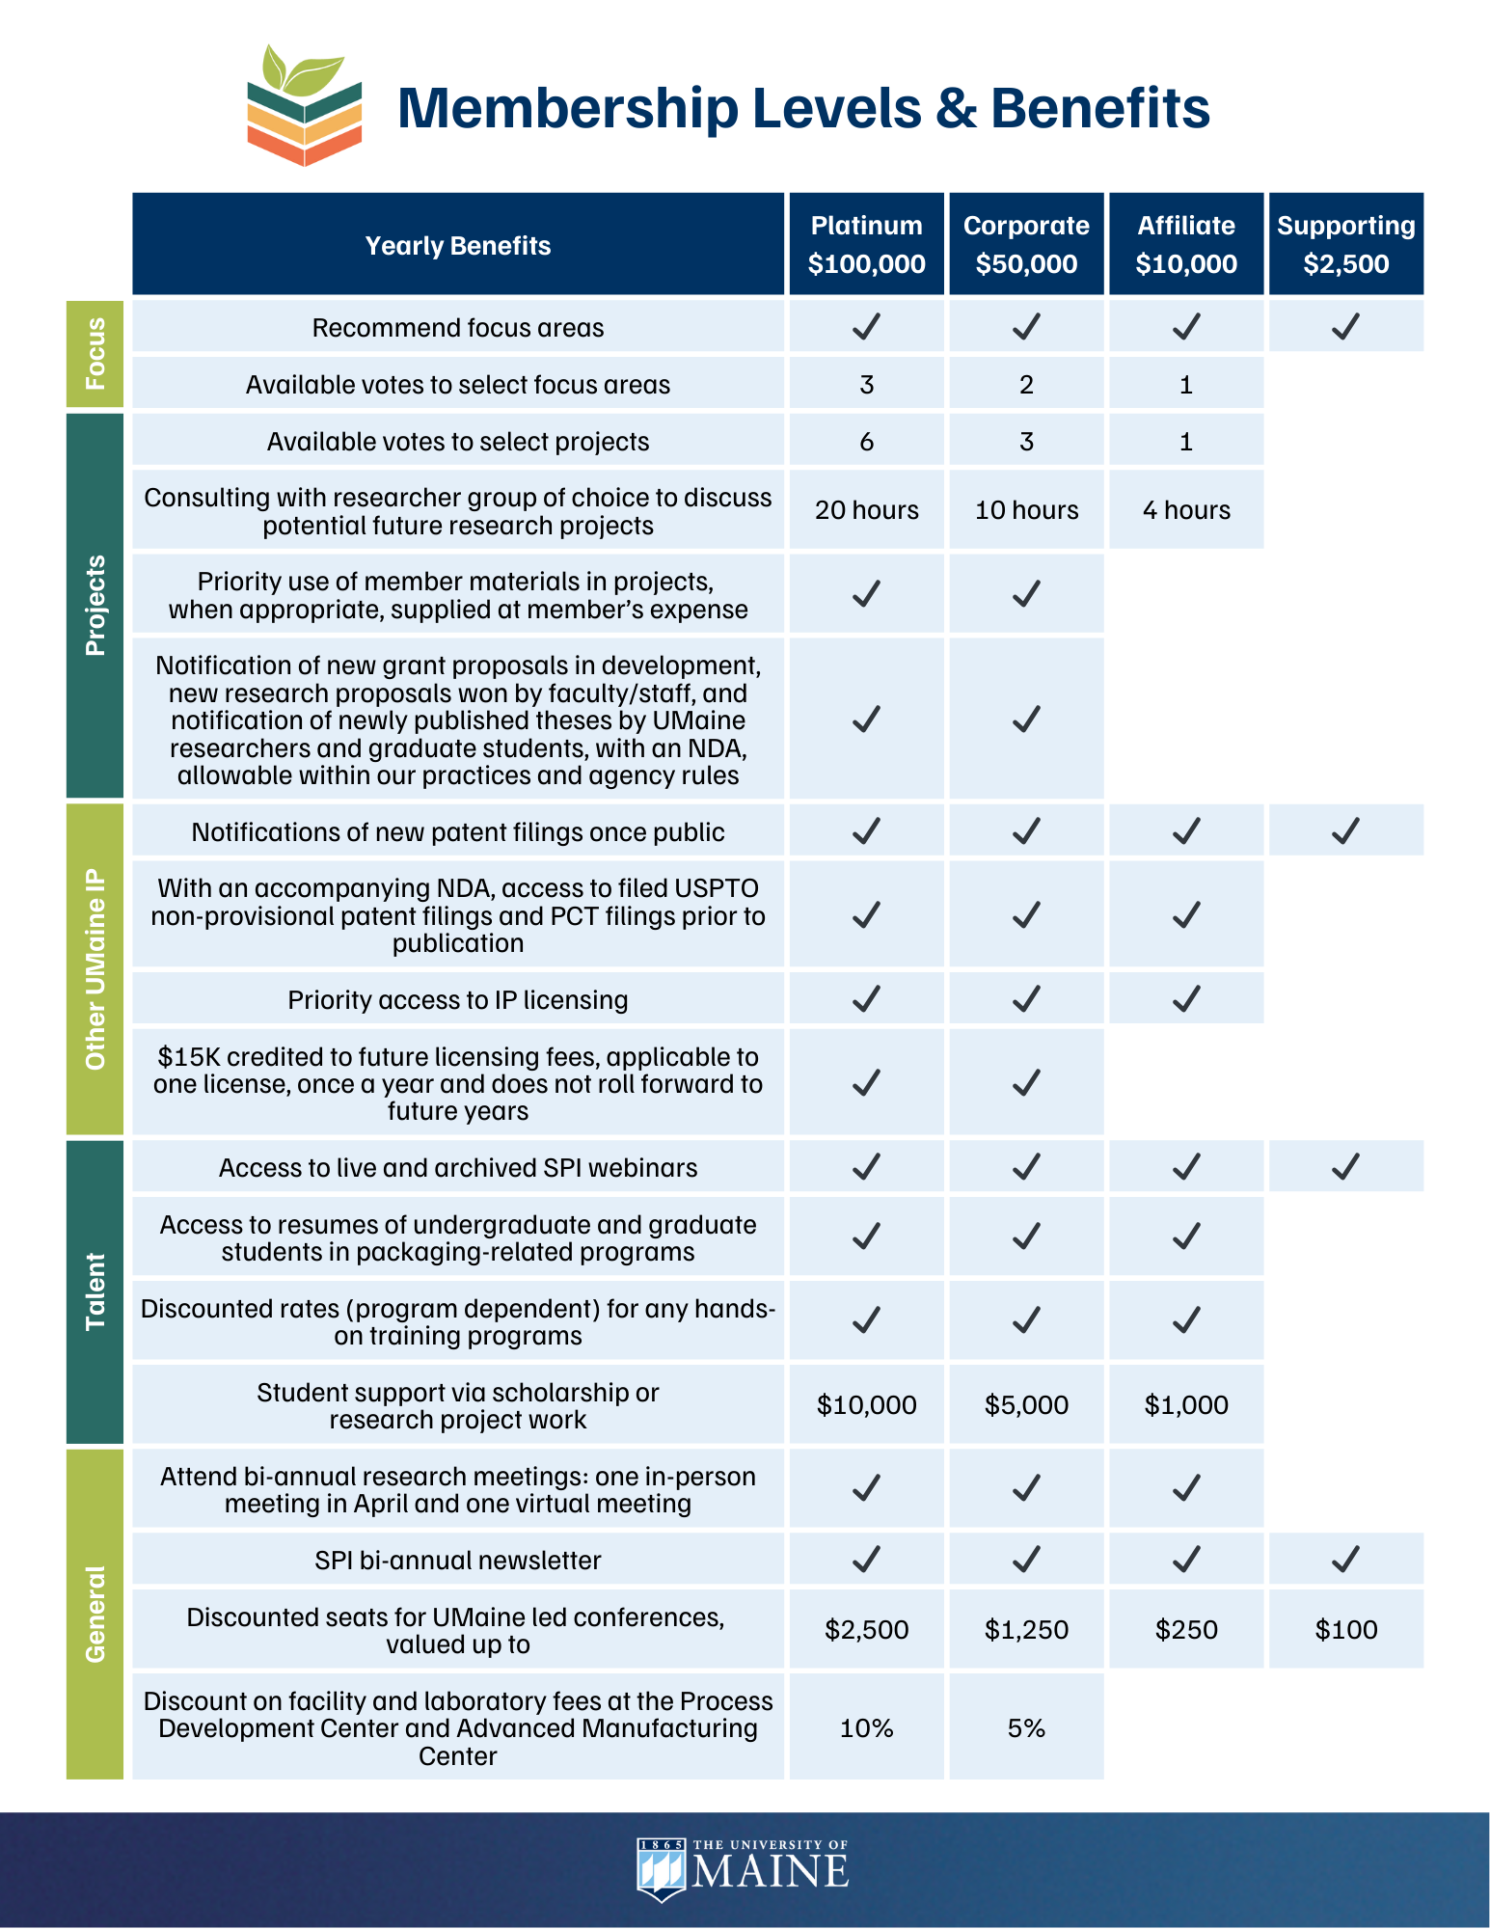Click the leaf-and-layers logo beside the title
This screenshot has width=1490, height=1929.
click(x=304, y=105)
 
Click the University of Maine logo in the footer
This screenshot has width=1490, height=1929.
click(x=743, y=1869)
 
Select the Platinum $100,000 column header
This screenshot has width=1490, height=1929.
click(x=866, y=244)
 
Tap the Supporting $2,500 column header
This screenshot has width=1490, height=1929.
click(x=1345, y=244)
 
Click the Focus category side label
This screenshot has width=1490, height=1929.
click(x=95, y=353)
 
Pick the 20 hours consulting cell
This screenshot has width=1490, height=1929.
click(x=866, y=510)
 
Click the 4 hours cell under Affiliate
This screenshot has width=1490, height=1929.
click(x=1186, y=510)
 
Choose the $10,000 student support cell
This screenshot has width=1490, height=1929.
click(x=866, y=1405)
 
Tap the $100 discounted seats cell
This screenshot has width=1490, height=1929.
click(x=1345, y=1630)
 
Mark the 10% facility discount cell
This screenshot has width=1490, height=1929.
click(x=866, y=1728)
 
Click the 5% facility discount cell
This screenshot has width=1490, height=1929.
click(x=1026, y=1728)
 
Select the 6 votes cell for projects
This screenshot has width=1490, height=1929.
click(x=866, y=442)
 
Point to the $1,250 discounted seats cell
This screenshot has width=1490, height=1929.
click(x=1026, y=1630)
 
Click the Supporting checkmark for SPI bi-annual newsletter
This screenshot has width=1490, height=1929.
click(x=1345, y=1560)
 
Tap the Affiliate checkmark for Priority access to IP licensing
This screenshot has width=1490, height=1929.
click(x=1186, y=999)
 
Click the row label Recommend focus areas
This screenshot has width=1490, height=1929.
click(x=458, y=328)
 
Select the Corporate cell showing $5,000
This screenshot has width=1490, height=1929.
click(x=1026, y=1405)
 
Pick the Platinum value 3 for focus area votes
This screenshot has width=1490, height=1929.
click(x=866, y=385)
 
